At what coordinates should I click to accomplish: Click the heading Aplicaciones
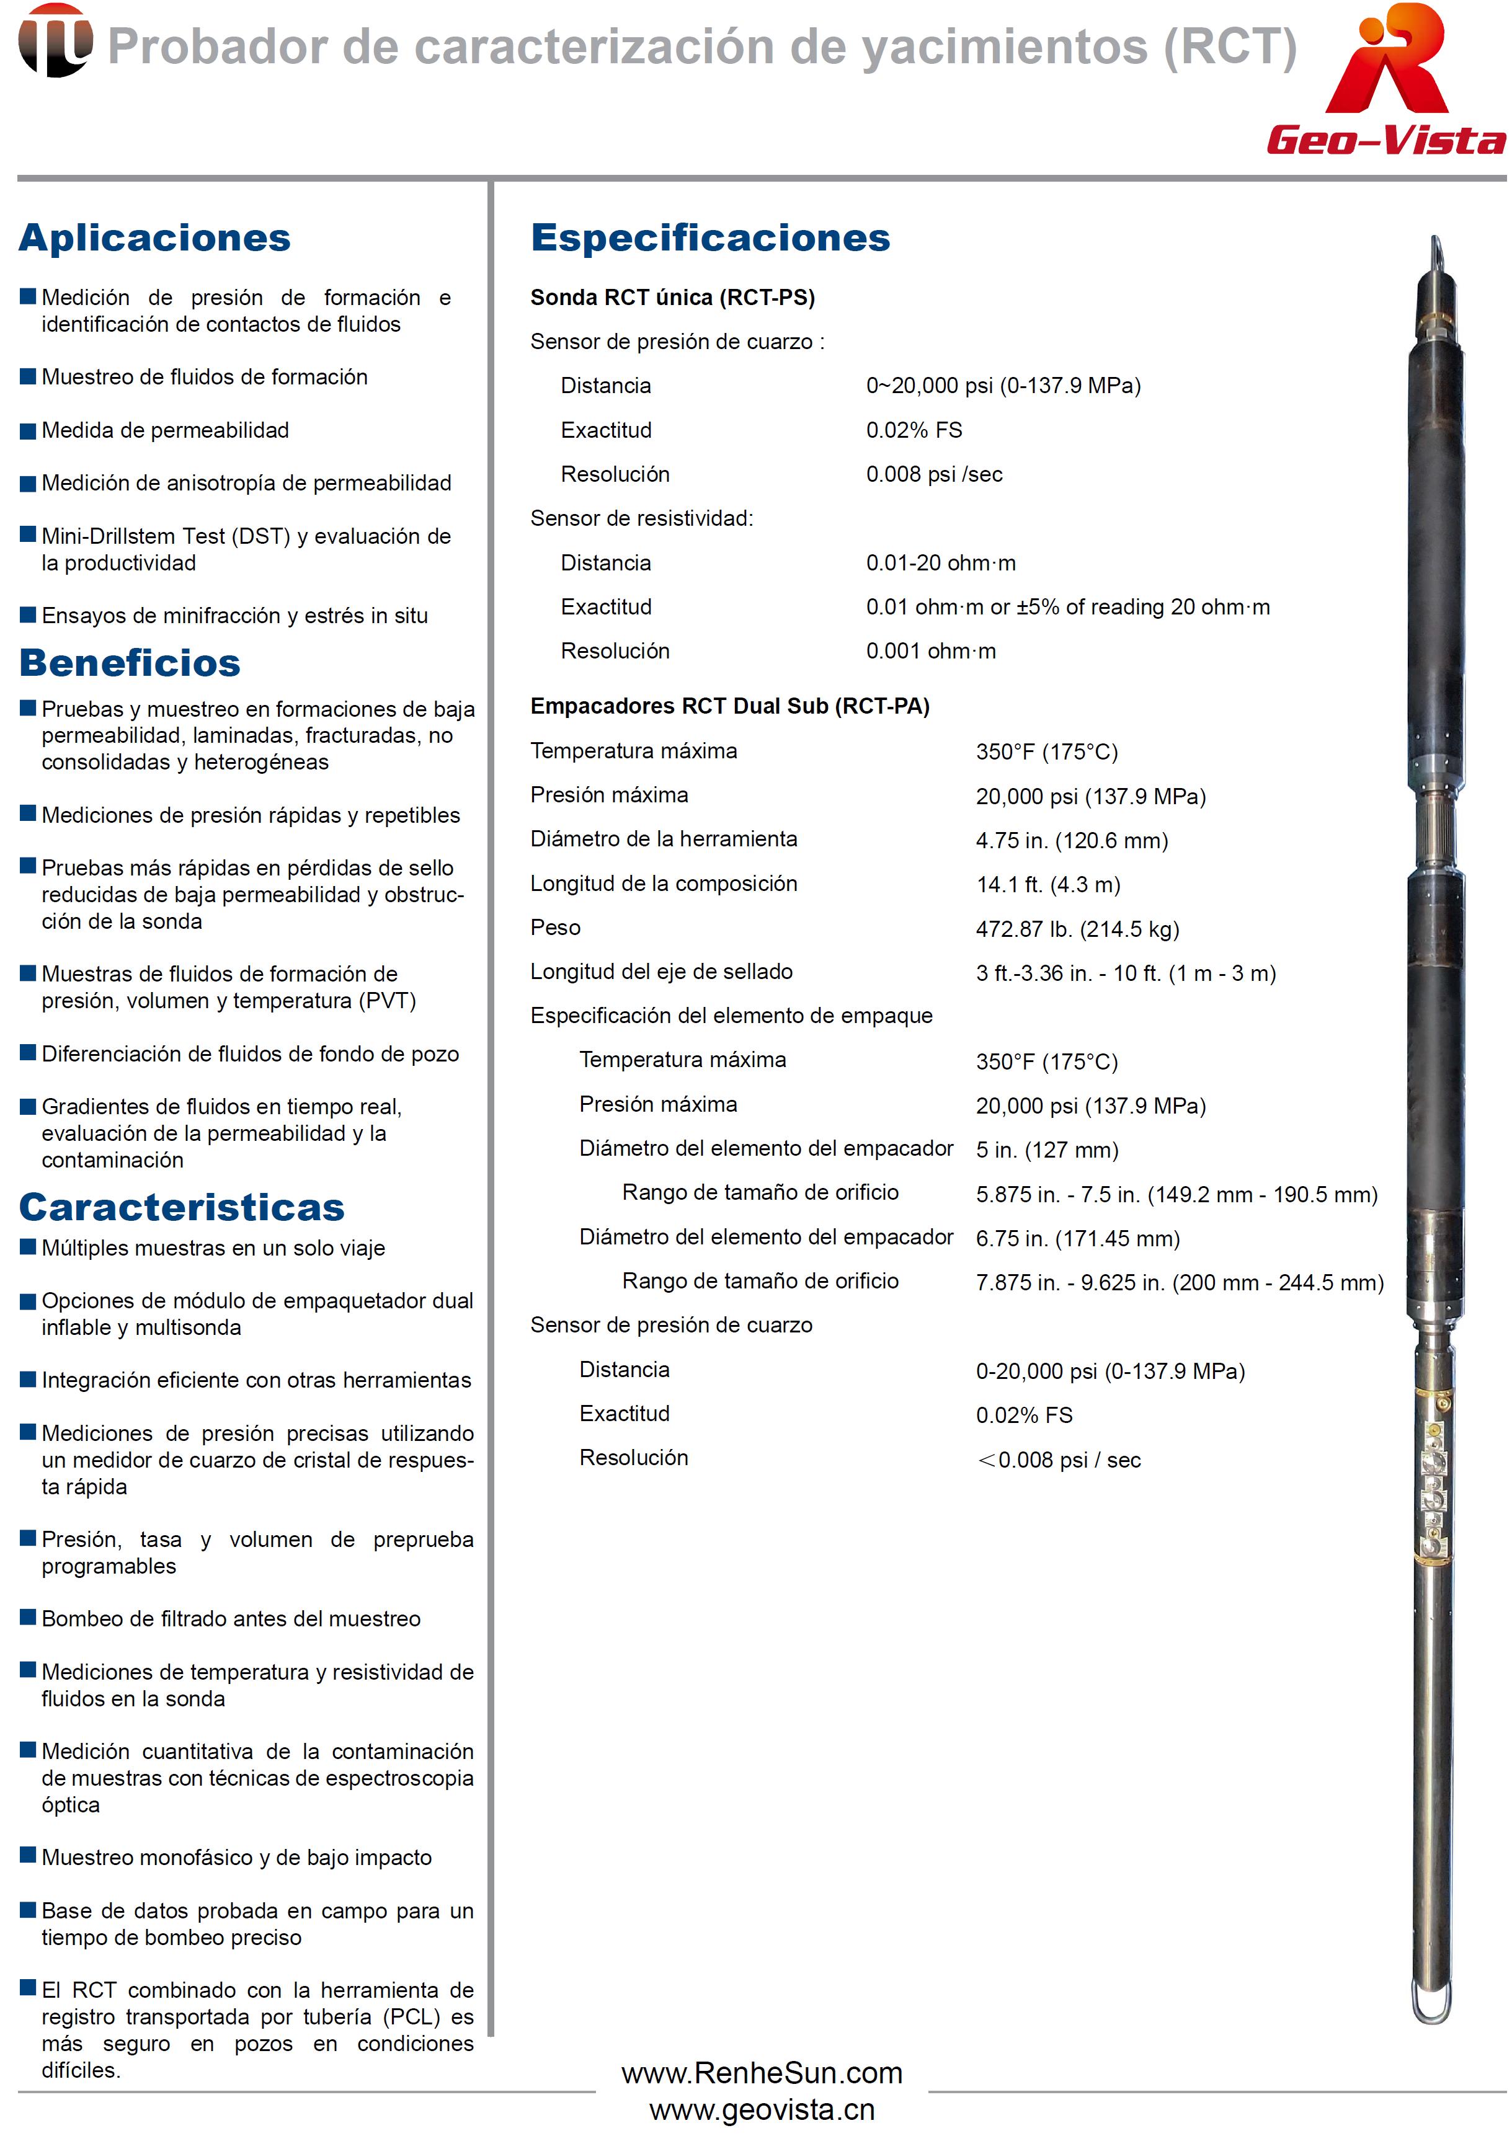(154, 237)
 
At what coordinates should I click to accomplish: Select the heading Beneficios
(130, 663)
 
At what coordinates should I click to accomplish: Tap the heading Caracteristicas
(182, 1207)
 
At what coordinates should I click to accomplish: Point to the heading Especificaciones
(710, 237)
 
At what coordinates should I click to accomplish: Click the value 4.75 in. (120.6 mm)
(1072, 840)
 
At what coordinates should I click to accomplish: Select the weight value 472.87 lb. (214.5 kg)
(1077, 929)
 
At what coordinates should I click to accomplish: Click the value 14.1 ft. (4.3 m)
(1048, 884)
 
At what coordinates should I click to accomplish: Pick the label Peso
(555, 928)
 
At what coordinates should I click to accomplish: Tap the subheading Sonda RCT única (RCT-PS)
(672, 298)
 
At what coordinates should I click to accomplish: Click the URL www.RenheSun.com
(762, 2073)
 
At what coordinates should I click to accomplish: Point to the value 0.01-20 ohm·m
(940, 563)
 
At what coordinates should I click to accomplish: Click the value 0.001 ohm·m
(930, 652)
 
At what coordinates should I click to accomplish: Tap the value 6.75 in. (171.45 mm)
(1077, 1239)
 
